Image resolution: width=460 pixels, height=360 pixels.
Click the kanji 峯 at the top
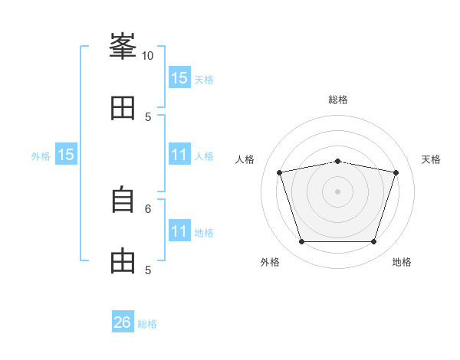(123, 47)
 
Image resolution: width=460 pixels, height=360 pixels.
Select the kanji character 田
(123, 108)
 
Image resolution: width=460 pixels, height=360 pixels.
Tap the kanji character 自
(123, 200)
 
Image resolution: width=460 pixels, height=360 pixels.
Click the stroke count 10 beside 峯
(147, 56)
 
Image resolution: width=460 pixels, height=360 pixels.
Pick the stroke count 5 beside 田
(148, 116)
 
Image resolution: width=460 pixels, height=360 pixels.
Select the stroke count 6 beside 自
(148, 208)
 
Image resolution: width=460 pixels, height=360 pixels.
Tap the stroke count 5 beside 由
(148, 270)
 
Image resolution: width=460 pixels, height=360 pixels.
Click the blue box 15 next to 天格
(179, 78)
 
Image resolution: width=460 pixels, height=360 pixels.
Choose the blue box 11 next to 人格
(179, 155)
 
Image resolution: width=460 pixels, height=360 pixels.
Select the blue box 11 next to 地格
(179, 231)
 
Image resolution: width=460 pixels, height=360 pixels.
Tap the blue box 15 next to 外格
(66, 155)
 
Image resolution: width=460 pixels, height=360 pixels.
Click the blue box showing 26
(123, 322)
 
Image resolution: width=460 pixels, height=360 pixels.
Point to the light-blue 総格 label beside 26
(147, 324)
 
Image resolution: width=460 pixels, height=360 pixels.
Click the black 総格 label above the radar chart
(338, 100)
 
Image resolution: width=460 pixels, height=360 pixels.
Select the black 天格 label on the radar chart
(431, 159)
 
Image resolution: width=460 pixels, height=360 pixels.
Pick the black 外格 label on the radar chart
(270, 262)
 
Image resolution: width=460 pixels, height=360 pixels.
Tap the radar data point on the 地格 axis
(373, 242)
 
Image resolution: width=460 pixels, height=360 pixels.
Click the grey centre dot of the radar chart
(337, 191)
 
